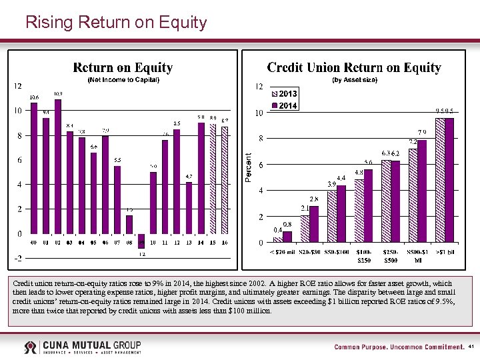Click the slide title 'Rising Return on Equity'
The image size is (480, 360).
click(x=116, y=23)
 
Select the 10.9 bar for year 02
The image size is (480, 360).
click(x=58, y=167)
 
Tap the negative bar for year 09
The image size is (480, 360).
click(x=142, y=241)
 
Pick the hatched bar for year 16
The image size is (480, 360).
click(x=225, y=180)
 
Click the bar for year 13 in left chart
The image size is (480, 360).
click(x=189, y=207)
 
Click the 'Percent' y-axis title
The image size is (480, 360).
click(x=248, y=167)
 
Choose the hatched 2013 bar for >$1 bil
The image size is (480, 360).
click(x=440, y=180)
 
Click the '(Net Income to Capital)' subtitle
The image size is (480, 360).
click(x=123, y=80)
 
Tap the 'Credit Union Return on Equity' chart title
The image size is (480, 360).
click(x=354, y=67)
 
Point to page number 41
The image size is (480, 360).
click(x=471, y=347)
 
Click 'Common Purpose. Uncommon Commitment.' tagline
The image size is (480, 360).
click(x=399, y=347)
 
